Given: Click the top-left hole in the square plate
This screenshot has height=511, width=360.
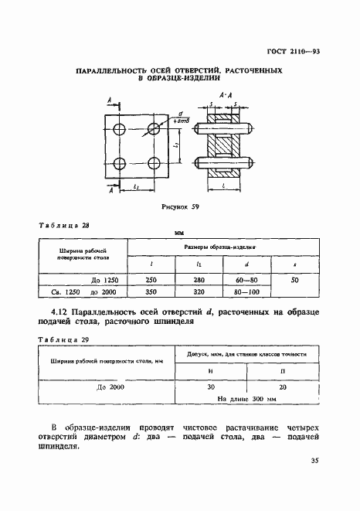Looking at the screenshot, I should pos(119,128).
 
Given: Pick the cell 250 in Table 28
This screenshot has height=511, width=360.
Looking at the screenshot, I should pos(151,280).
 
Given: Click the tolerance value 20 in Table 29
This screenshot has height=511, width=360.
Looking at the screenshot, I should pos(282,388).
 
